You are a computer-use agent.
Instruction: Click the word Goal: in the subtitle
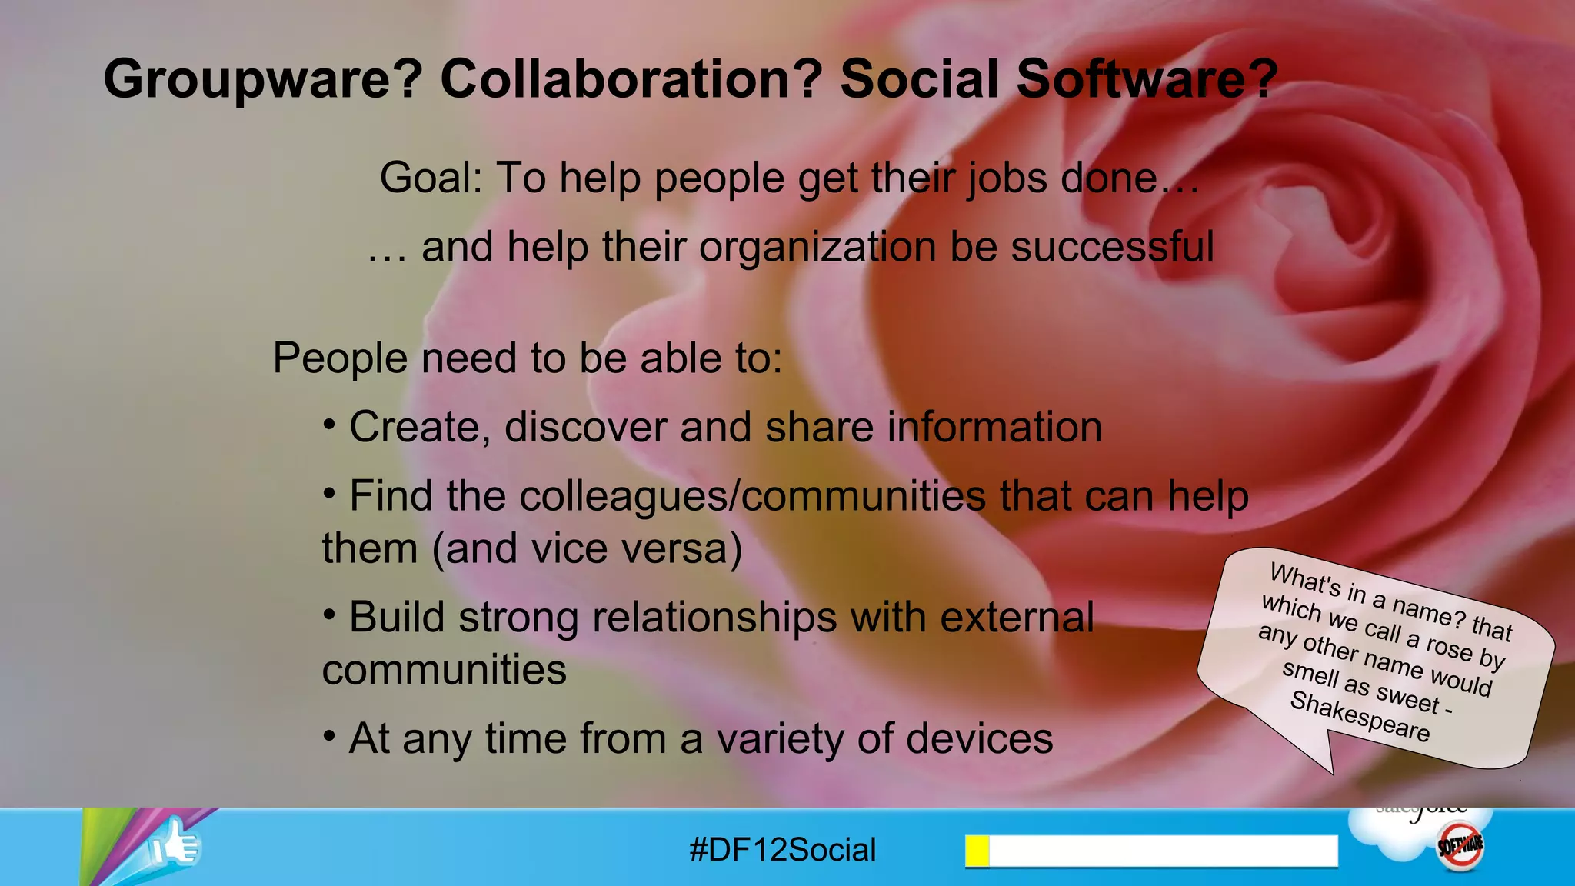click(431, 178)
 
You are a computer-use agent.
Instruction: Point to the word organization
click(817, 248)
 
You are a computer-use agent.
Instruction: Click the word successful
click(1112, 248)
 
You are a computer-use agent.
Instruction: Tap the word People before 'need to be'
click(340, 358)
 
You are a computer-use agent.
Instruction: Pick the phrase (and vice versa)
click(588, 549)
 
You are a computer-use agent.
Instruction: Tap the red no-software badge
click(1460, 846)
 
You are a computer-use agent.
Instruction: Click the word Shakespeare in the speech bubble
click(1360, 717)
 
